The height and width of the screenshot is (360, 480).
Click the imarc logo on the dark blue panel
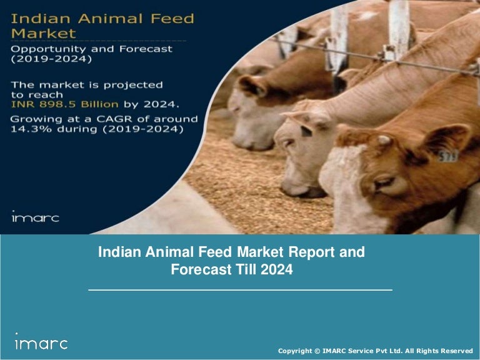35,217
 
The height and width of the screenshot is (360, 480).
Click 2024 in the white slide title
277,271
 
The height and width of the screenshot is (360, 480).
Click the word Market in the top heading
44,33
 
